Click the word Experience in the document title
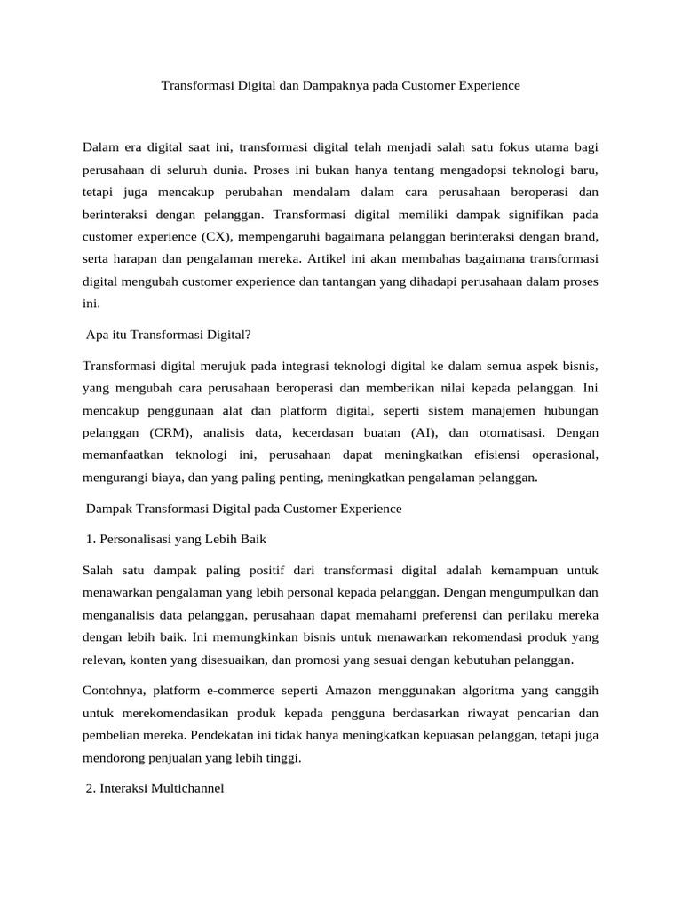tap(485, 86)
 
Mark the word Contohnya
tap(113, 690)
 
